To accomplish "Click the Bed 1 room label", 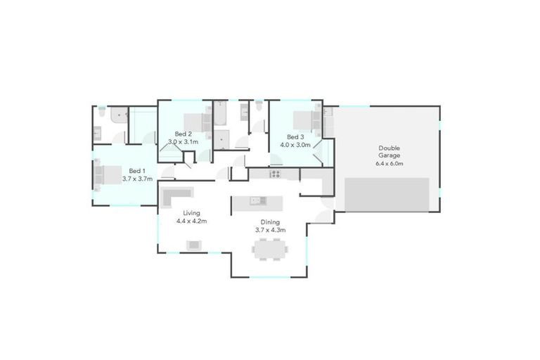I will (x=137, y=170).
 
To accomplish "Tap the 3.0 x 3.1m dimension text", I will (x=183, y=142).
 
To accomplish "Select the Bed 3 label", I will (x=295, y=136).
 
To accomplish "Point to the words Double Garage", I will (x=390, y=151).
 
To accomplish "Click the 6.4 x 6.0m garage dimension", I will (x=390, y=164).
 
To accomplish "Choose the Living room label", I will (x=191, y=212).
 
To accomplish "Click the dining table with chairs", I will (x=270, y=248).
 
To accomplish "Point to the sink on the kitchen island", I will (x=257, y=201).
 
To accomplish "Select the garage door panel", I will (x=387, y=194).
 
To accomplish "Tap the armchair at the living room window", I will (x=194, y=245).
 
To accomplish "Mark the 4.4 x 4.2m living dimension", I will (x=191, y=221).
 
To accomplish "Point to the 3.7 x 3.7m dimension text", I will (x=137, y=179).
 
